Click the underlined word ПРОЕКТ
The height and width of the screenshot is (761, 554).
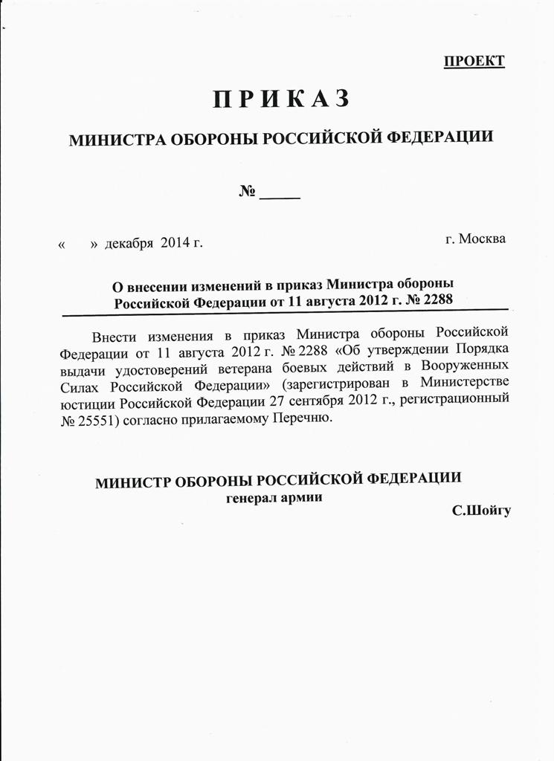coord(474,61)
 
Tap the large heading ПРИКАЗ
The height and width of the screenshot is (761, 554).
coord(281,99)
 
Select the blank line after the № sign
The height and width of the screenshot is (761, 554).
coord(281,195)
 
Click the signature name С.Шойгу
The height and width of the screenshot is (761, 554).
coord(480,512)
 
